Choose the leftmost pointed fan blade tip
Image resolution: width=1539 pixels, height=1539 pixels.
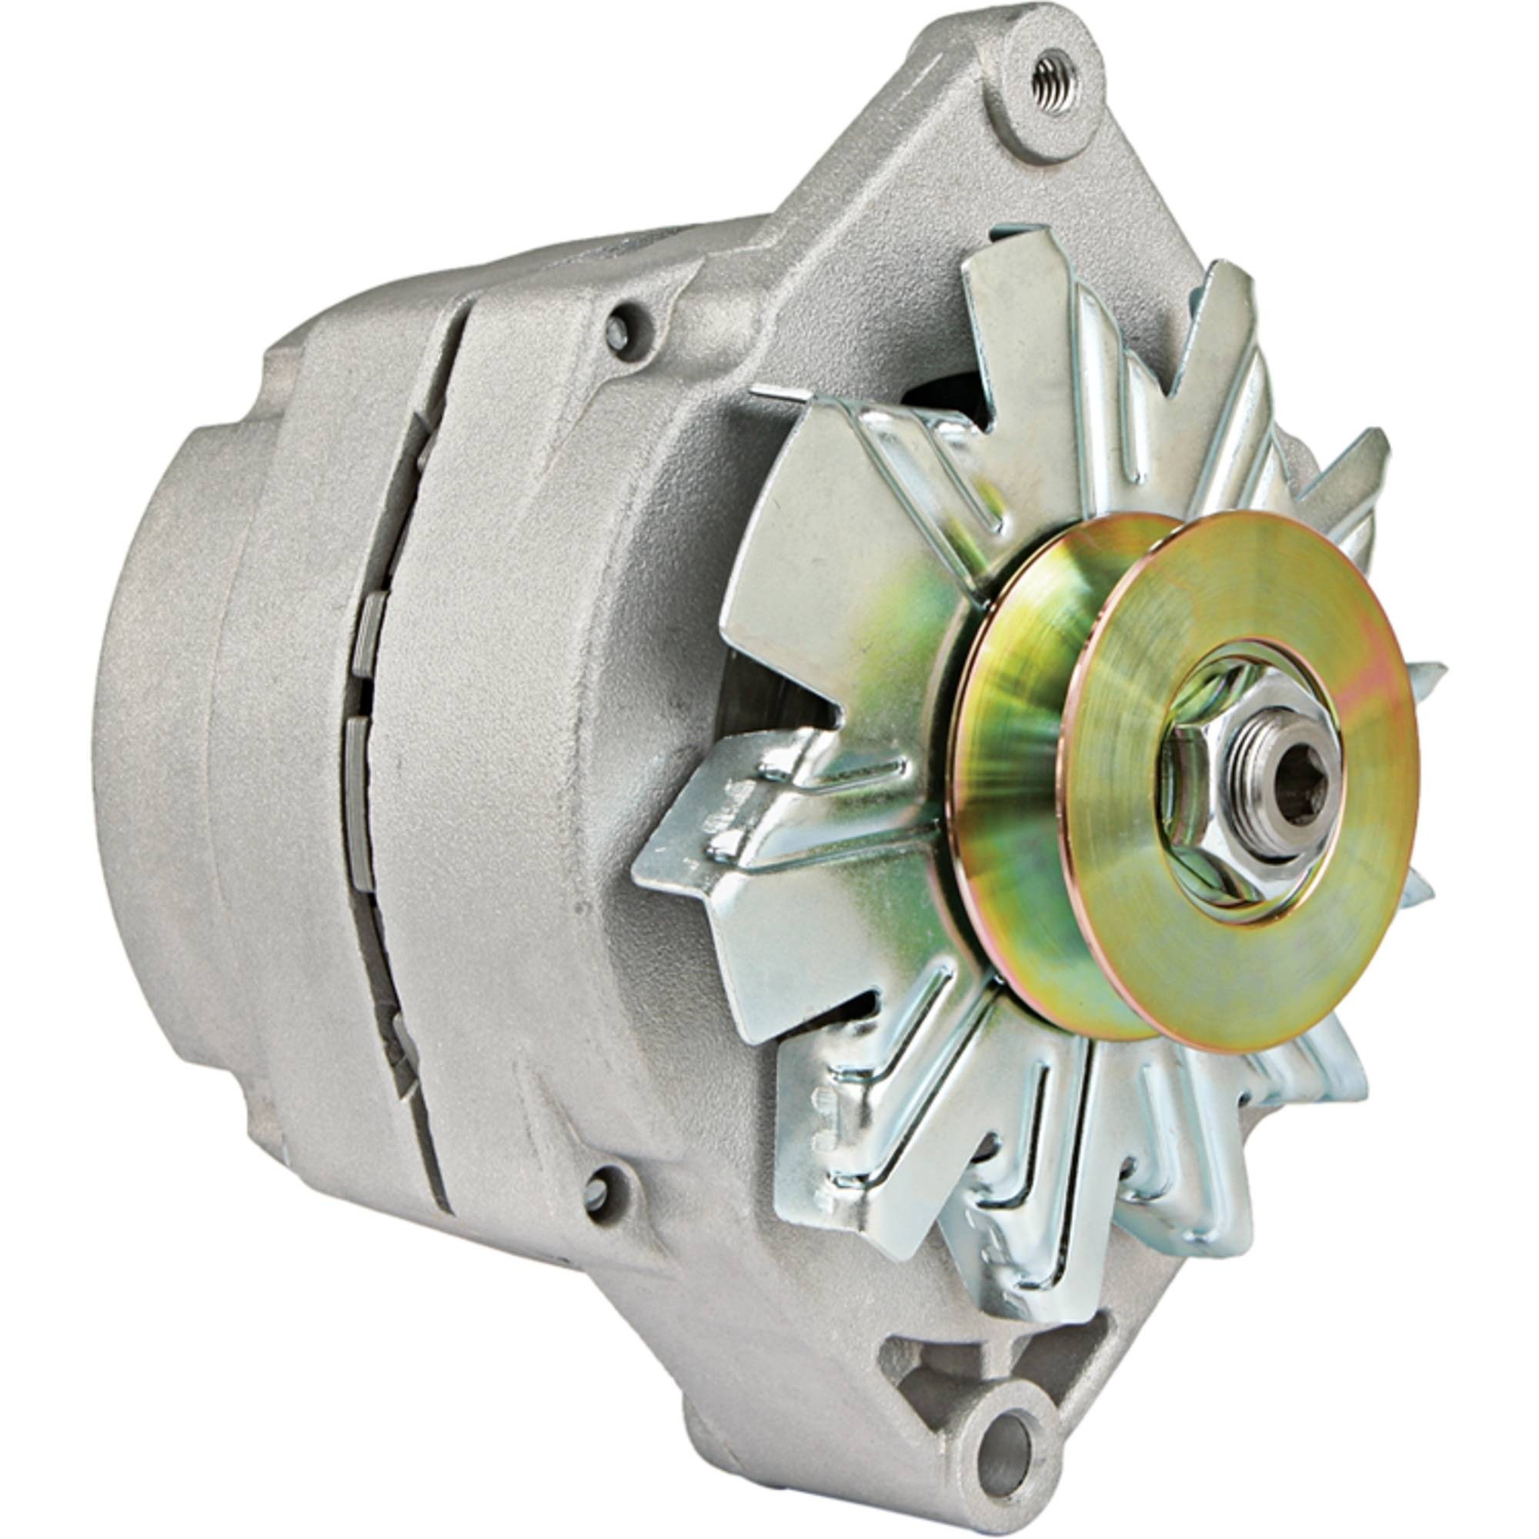[646, 868]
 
